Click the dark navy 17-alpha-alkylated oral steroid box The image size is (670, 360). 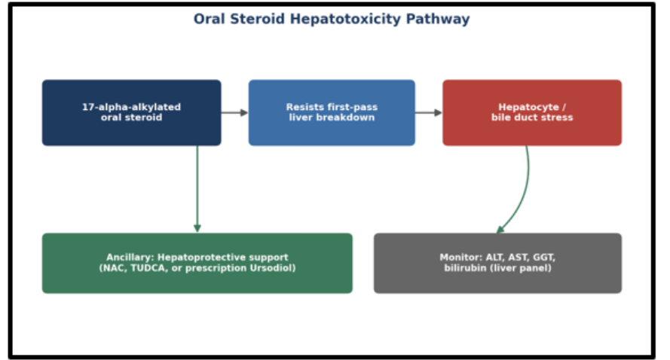pyautogui.click(x=132, y=113)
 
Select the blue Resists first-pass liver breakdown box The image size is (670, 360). pyautogui.click(x=332, y=113)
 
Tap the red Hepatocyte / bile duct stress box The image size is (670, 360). pyautogui.click(x=532, y=113)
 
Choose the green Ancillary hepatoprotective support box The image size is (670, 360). pyautogui.click(x=197, y=263)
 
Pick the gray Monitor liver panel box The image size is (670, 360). pyautogui.click(x=497, y=263)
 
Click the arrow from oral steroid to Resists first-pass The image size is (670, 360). pyautogui.click(x=235, y=113)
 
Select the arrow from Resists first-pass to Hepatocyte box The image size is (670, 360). pyautogui.click(x=429, y=113)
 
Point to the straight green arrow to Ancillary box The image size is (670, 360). pyautogui.click(x=197, y=189)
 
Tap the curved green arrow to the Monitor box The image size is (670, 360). pyautogui.click(x=525, y=192)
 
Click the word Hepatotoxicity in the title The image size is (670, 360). pyautogui.click(x=345, y=20)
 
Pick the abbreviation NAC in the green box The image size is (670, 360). pyautogui.click(x=113, y=268)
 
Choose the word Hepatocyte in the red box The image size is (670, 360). pyautogui.click(x=528, y=107)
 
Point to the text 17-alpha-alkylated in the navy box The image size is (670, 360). pyautogui.click(x=132, y=107)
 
